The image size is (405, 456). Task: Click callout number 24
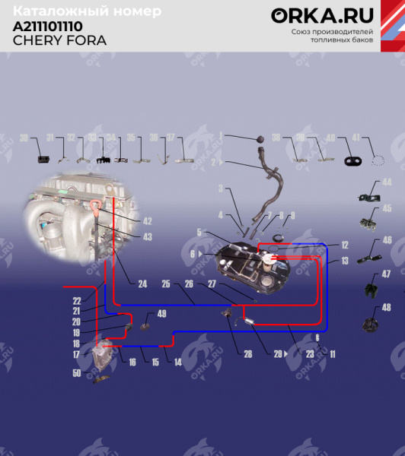142,284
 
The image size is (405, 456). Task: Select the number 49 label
161,314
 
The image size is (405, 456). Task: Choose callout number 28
248,354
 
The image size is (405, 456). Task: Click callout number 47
387,274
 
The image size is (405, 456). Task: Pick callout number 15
155,362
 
